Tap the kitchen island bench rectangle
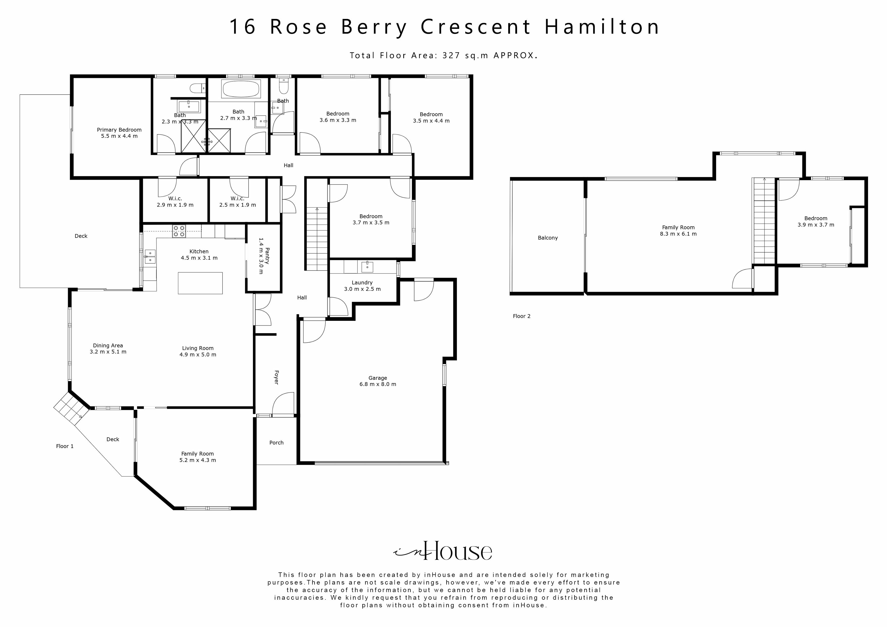click(x=200, y=283)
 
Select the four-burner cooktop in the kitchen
click(x=179, y=231)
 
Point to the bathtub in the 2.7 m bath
click(x=241, y=89)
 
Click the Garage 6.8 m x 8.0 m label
click(x=378, y=381)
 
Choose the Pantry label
click(x=263, y=256)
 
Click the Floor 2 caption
click(x=522, y=316)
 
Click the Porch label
click(x=276, y=442)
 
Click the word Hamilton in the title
click(x=602, y=27)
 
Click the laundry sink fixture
click(x=367, y=266)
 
